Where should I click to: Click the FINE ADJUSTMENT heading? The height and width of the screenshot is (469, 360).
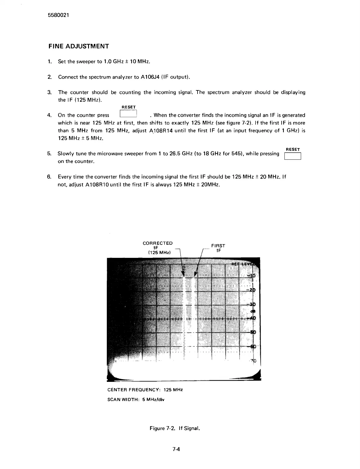point(79,46)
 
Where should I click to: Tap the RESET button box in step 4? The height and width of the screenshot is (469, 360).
point(128,114)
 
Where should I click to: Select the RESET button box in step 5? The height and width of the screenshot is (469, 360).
point(293,156)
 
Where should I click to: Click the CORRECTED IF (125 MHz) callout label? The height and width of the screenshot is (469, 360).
point(158,248)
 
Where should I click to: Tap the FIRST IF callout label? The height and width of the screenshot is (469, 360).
point(218,248)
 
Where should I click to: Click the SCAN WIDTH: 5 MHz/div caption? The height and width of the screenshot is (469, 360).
point(136,399)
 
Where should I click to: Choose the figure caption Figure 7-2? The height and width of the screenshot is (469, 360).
point(174,428)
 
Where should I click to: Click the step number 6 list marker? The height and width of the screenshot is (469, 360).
point(49,177)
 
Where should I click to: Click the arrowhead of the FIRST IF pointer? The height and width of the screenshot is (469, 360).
point(195,274)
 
